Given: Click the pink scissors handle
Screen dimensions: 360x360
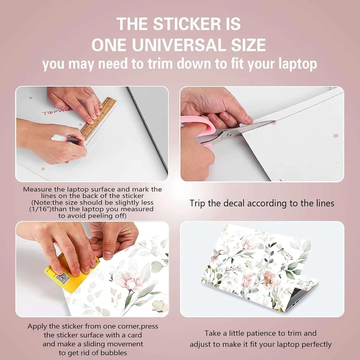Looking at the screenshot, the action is pyautogui.click(x=202, y=129).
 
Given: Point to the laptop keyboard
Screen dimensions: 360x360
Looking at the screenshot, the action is pyautogui.click(x=296, y=293).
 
